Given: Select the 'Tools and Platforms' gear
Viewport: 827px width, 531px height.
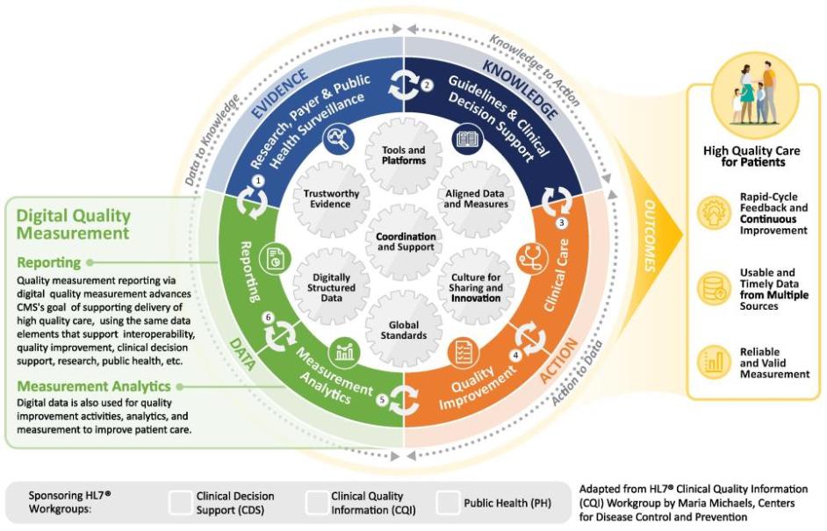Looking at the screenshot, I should tap(403, 155).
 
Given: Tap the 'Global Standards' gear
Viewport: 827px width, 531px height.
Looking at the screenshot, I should tap(403, 329).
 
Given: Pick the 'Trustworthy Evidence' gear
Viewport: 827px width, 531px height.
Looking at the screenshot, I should tap(327, 198).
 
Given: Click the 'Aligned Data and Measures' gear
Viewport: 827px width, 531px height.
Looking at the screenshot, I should tap(476, 198).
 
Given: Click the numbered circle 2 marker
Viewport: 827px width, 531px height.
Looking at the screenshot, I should tap(427, 85).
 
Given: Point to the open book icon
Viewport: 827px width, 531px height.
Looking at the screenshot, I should tap(467, 139).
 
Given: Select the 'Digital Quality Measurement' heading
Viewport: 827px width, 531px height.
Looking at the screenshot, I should tap(74, 224).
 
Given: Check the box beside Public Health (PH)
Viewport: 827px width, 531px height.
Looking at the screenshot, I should tap(448, 502).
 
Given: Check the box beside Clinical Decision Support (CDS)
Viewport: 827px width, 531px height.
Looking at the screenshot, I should tap(180, 502).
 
